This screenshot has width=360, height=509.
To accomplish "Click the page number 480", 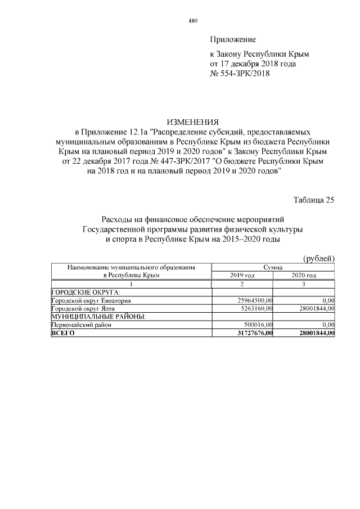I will click(x=192, y=21).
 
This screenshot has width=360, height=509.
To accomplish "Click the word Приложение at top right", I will click(x=233, y=39).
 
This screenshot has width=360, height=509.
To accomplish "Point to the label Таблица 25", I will click(x=314, y=200).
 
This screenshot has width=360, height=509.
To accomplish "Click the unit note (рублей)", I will click(x=319, y=258).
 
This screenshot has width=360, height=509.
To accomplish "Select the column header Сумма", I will click(x=273, y=267).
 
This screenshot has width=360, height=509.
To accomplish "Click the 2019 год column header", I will click(x=243, y=276).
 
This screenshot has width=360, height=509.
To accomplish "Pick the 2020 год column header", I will click(x=304, y=276).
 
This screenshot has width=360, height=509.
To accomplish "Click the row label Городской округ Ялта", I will click(x=79, y=308).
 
